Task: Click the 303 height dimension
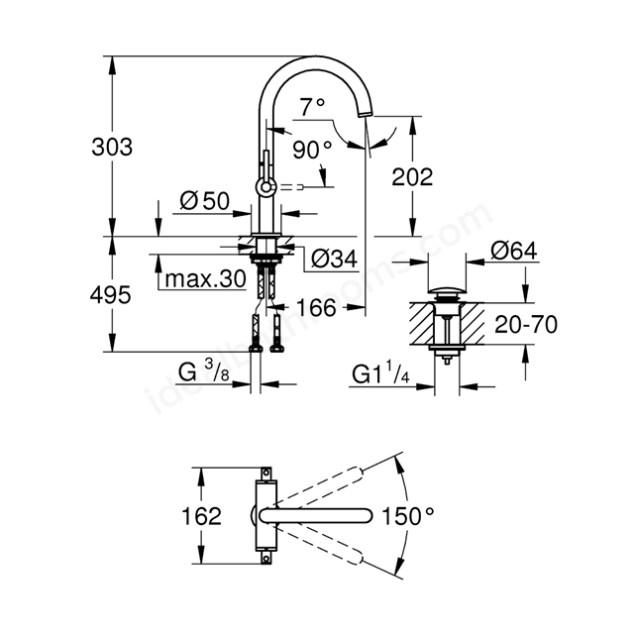pyautogui.click(x=112, y=147)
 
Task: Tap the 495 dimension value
pyautogui.click(x=110, y=295)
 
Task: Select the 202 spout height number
pyautogui.click(x=412, y=176)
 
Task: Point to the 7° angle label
pyautogui.click(x=312, y=107)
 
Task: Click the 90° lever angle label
pyautogui.click(x=312, y=150)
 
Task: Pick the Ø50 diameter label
pyautogui.click(x=205, y=201)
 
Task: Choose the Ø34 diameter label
pyautogui.click(x=335, y=259)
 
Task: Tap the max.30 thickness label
pyautogui.click(x=206, y=278)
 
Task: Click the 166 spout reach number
pyautogui.click(x=316, y=308)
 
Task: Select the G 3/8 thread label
pyautogui.click(x=204, y=372)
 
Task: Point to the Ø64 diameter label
pyautogui.click(x=514, y=251)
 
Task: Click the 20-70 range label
pyautogui.click(x=526, y=324)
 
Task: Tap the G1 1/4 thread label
pyautogui.click(x=380, y=372)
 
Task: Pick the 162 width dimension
pyautogui.click(x=201, y=516)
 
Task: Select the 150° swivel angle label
pyautogui.click(x=407, y=516)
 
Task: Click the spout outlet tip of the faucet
pyautogui.click(x=366, y=115)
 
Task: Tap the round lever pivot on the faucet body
pyautogui.click(x=265, y=187)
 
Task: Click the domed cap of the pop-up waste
pyautogui.click(x=447, y=289)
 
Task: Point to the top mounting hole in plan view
pyautogui.click(x=266, y=473)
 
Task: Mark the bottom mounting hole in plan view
pyautogui.click(x=266, y=559)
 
